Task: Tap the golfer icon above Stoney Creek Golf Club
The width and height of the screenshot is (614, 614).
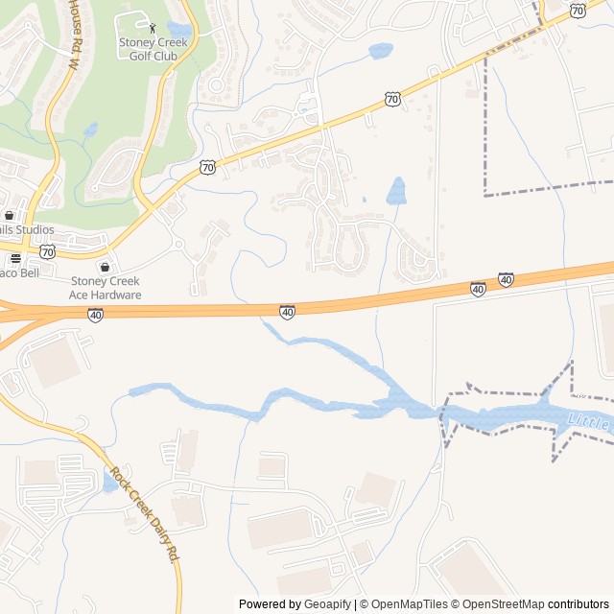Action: point(153,28)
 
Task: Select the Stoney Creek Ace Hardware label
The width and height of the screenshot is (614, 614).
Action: point(106,288)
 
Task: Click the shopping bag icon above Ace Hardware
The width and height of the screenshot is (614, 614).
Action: point(105,267)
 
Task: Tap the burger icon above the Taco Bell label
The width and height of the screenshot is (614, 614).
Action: point(15,258)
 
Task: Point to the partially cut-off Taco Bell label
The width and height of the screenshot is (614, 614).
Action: point(16,272)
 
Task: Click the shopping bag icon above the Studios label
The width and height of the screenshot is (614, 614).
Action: point(10,215)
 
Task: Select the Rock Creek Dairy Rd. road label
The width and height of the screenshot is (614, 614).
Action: point(145,513)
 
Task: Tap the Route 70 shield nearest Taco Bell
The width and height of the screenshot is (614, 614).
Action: point(48,251)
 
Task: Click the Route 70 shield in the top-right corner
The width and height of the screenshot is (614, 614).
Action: point(577,10)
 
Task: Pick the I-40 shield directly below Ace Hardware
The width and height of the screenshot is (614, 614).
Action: point(95,314)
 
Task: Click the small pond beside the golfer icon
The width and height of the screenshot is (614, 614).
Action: point(177,29)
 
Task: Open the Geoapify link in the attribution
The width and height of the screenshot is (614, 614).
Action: point(328,604)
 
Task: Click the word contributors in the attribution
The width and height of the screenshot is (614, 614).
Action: point(579,604)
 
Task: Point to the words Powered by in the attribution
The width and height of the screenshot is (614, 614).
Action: point(270,604)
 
